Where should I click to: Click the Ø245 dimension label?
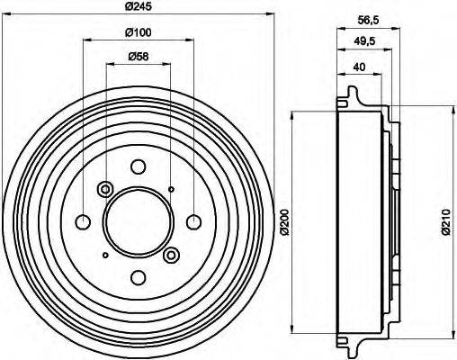[x=139, y=6]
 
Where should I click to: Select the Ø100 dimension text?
[x=139, y=32]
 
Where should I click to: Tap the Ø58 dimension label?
[x=139, y=57]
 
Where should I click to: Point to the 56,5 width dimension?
[x=369, y=21]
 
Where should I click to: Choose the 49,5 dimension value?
[x=364, y=41]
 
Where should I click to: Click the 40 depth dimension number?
[x=359, y=67]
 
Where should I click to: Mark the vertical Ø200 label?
[x=284, y=221]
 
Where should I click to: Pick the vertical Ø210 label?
[x=446, y=221]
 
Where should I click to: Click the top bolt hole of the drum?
[x=139, y=166]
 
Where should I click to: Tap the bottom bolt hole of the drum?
[x=139, y=277]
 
